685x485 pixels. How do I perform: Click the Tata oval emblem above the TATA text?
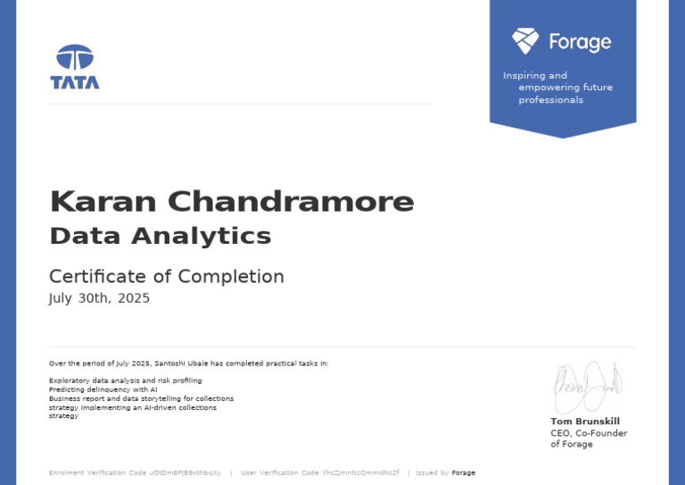75,57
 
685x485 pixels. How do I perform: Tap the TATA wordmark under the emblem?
75,83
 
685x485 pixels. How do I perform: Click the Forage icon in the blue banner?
525,40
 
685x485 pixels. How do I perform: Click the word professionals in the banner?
550,100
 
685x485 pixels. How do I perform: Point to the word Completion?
231,276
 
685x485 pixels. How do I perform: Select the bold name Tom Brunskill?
584,422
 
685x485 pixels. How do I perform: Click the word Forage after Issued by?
463,472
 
